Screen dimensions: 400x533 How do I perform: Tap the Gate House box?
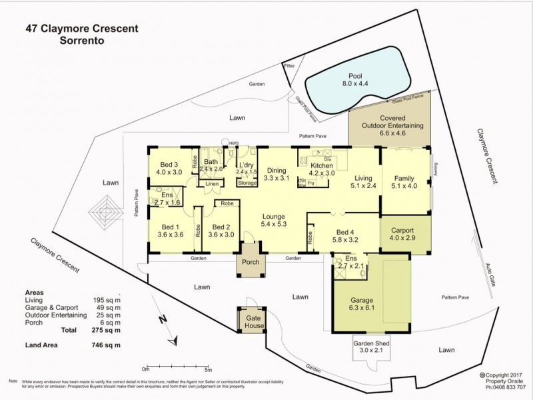(x=251, y=322)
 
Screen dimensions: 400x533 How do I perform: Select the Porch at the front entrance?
(x=251, y=262)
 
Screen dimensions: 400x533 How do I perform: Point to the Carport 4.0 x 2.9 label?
(x=405, y=234)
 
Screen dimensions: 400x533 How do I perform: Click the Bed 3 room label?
(x=169, y=168)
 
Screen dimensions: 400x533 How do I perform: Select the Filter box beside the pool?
(x=289, y=67)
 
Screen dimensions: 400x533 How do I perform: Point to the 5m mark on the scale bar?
(x=208, y=369)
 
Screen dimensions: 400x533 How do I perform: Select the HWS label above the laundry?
(x=233, y=143)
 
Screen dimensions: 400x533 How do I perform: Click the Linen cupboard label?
(x=211, y=183)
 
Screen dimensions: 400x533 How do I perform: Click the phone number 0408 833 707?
(x=506, y=387)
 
